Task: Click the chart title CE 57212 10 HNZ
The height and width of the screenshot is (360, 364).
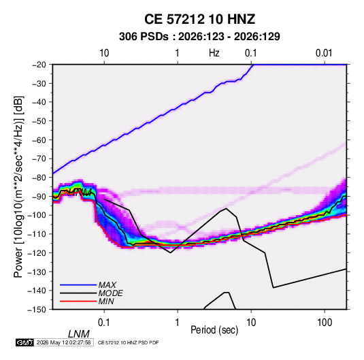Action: click(199, 19)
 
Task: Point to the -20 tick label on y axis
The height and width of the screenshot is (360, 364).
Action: click(39, 65)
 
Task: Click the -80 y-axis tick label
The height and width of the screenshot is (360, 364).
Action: click(39, 178)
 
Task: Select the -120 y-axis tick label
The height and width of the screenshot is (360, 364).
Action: click(37, 252)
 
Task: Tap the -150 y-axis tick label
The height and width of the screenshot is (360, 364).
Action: click(37, 310)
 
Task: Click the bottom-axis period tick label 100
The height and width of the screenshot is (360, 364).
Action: click(325, 323)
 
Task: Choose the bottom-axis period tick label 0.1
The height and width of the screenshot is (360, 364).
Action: click(104, 323)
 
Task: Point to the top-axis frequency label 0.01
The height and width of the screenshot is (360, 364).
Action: click(324, 53)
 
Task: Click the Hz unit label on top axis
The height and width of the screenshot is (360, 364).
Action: click(214, 53)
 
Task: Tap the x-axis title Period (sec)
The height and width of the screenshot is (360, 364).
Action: click(214, 330)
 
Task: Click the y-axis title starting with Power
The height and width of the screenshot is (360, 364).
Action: click(18, 187)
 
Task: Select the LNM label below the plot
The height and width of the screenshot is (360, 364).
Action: click(78, 334)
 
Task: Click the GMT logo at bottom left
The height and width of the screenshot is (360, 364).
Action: click(25, 342)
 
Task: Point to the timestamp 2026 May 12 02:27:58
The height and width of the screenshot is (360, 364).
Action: click(63, 342)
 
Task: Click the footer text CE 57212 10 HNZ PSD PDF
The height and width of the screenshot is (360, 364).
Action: click(128, 342)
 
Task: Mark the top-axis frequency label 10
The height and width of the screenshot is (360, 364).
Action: click(104, 53)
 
